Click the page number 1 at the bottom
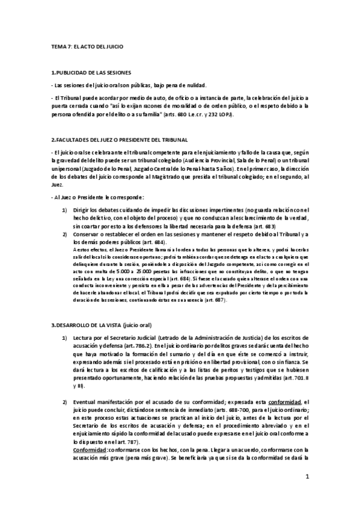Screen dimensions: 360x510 click(307, 477)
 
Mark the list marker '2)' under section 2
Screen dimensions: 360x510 click(64, 233)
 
